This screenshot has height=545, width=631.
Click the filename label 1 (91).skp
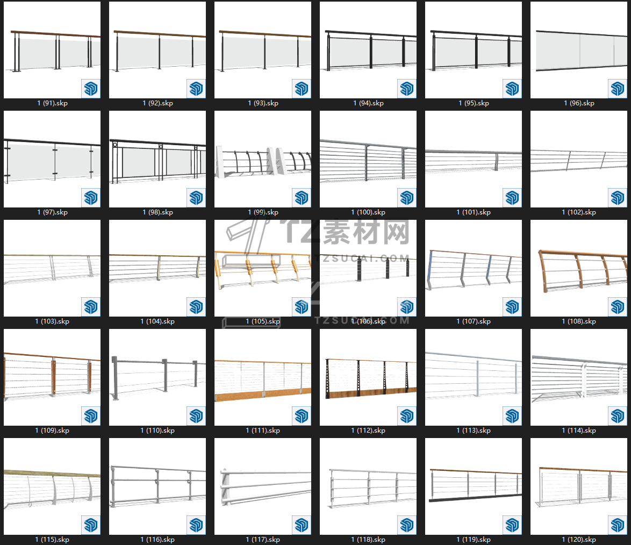pos(52,103)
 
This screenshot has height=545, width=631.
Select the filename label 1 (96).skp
pos(579,103)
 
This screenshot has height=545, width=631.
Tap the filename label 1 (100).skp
pos(368,212)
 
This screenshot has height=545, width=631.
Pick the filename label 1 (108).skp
pos(579,321)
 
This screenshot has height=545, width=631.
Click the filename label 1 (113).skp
pos(474,431)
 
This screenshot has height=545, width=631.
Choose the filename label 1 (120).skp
pos(579,540)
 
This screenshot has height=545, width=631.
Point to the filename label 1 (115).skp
pos(52,540)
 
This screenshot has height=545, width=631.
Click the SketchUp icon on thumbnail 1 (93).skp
pos(302,89)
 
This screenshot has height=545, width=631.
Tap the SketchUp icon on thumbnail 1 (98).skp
pos(196,198)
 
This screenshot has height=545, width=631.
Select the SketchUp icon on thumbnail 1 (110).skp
pos(196,416)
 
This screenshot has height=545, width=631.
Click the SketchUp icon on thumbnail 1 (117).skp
pos(302,525)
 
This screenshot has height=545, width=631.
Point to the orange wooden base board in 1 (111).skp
pos(263,393)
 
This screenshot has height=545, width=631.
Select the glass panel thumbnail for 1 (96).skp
pos(579,50)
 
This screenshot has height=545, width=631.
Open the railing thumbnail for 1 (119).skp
pos(474,486)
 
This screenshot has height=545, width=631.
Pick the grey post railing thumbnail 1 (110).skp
pos(157,377)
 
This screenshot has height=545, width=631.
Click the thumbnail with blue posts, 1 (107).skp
pos(474,268)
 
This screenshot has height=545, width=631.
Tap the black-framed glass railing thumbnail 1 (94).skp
pos(368,50)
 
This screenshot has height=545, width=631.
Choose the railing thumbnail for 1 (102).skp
pos(579,159)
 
